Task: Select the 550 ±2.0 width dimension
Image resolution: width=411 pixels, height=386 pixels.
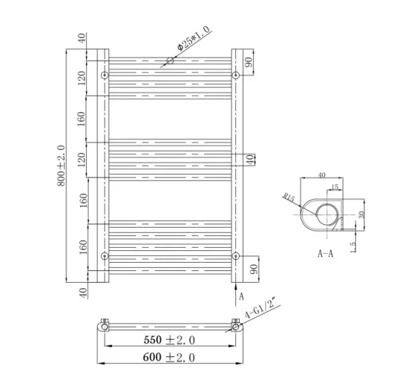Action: pyautogui.click(x=168, y=340)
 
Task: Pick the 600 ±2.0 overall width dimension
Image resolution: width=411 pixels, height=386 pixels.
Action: pyautogui.click(x=168, y=357)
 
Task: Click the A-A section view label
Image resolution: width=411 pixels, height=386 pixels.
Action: pyautogui.click(x=324, y=253)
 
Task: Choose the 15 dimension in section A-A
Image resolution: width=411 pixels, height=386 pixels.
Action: pyautogui.click(x=335, y=188)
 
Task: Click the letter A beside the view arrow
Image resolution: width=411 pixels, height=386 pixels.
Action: pyautogui.click(x=242, y=296)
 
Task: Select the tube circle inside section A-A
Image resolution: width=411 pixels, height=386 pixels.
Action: pyautogui.click(x=327, y=215)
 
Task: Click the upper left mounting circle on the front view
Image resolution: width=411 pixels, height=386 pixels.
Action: pyautogui.click(x=105, y=75)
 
